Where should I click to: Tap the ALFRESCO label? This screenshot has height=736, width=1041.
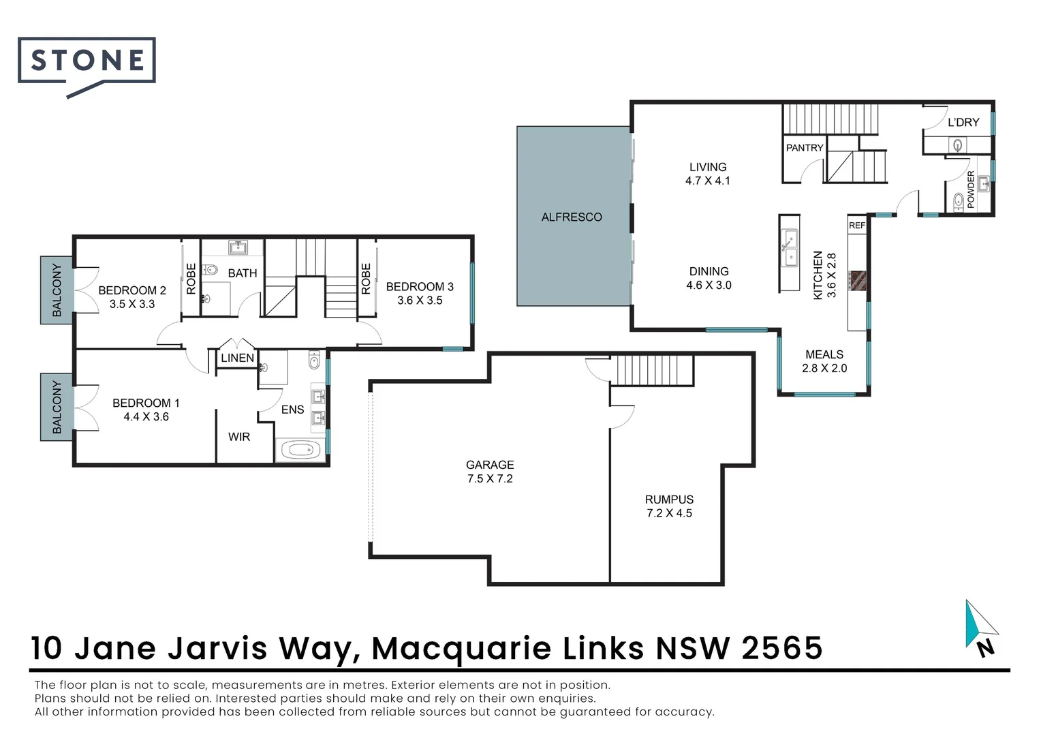point(572,217)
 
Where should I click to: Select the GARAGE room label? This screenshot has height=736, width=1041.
point(490,465)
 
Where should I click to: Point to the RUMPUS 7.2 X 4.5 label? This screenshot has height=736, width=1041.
point(669,506)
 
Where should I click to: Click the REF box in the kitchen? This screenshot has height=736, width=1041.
point(857,226)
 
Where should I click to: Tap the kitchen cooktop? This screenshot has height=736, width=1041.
point(858,281)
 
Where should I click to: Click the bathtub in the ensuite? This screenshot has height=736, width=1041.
point(301,450)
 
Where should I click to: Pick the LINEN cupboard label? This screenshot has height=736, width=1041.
point(238,358)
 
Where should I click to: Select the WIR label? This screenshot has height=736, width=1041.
point(239,437)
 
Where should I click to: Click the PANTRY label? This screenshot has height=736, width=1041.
point(805,148)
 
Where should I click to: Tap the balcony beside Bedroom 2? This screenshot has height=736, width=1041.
point(57,290)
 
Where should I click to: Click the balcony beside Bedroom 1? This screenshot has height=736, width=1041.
point(57,407)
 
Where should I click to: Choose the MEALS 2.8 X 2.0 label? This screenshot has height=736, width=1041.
point(824,361)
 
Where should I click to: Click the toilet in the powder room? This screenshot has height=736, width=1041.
point(958,202)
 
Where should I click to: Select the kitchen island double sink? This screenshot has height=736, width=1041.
point(790,247)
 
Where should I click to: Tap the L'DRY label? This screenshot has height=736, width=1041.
point(963,122)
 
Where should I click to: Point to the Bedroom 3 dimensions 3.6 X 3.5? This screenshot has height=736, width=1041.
point(420,301)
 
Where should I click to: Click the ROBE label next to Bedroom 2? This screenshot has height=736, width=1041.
point(191,279)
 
